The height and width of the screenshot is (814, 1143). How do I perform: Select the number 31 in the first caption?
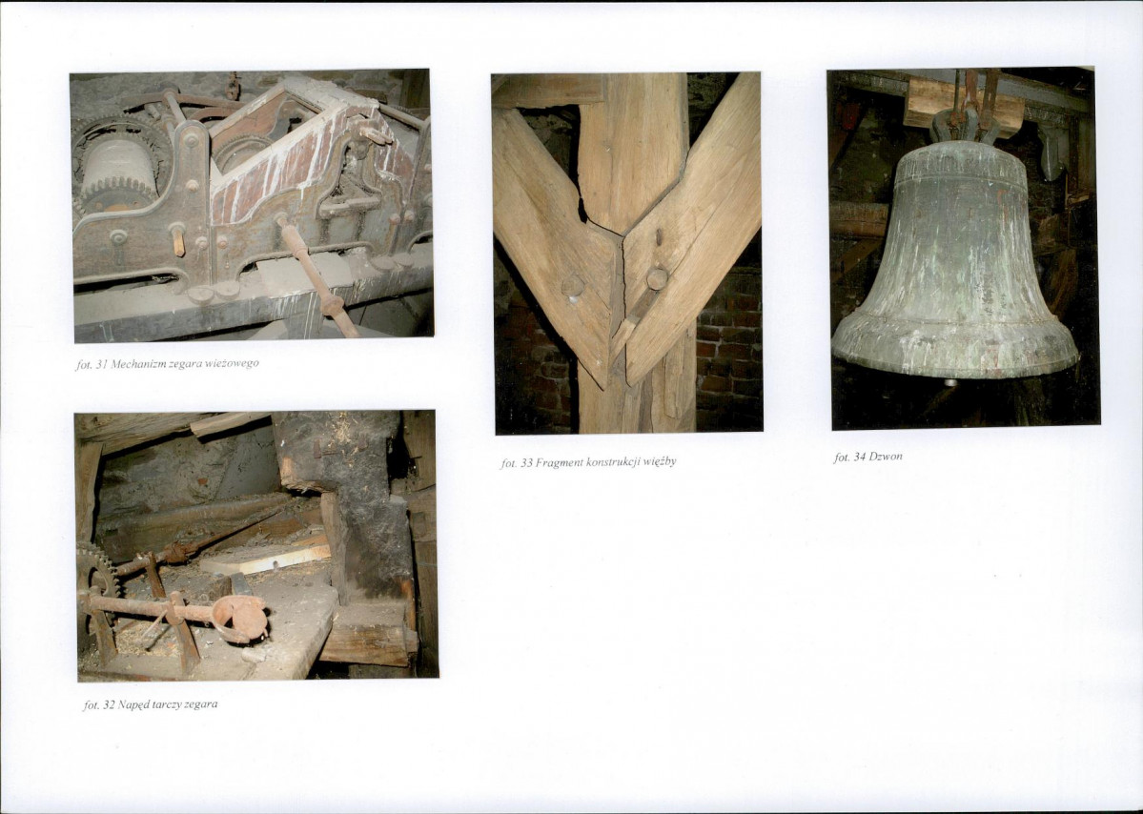[100, 364]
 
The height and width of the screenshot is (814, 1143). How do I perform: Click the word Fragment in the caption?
[560, 462]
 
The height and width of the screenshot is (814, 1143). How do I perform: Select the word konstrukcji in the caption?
[614, 462]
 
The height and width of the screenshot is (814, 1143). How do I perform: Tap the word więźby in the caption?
[661, 462]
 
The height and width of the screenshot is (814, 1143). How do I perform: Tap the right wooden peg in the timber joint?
[657, 277]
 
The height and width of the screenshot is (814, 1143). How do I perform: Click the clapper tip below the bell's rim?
[949, 382]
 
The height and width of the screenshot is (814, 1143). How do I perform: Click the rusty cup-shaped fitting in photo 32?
[240, 618]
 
